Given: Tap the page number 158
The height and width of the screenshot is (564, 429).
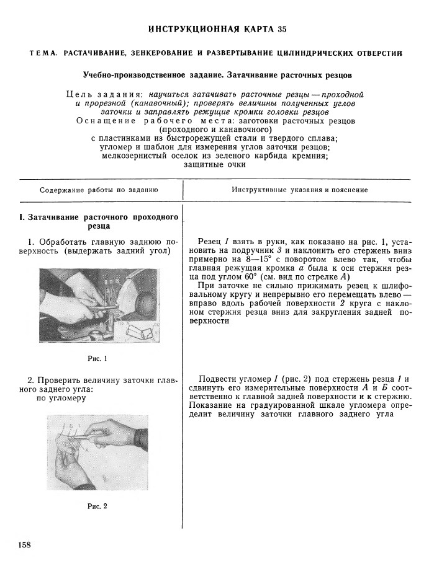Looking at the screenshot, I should (x=25, y=545).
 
